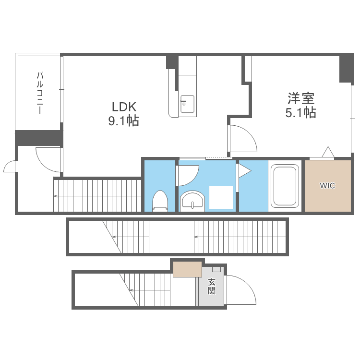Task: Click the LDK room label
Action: tap(124, 107)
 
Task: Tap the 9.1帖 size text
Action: tap(123, 121)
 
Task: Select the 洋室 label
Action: tap(301, 98)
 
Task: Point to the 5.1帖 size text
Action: tap(301, 112)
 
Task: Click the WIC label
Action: tap(327, 185)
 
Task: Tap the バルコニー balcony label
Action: tap(40, 93)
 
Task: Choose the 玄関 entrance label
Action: tap(212, 286)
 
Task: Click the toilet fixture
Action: tap(160, 201)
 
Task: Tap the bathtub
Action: tap(285, 185)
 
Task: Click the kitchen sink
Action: tap(187, 104)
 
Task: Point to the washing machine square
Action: tap(221, 197)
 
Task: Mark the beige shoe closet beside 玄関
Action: tap(187, 269)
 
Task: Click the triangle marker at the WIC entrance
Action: tap(328, 152)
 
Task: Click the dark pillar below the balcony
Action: tap(39, 138)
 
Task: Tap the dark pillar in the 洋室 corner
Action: tap(347, 68)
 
